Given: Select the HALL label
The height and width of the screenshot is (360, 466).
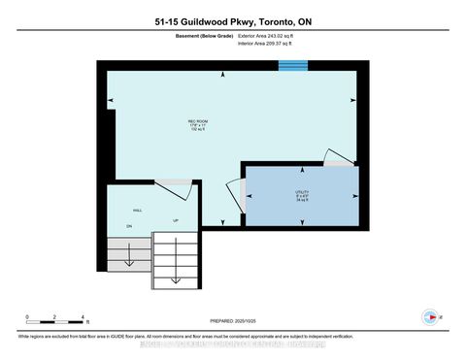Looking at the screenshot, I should point(124,208).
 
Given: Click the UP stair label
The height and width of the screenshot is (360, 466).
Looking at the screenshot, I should point(176,220).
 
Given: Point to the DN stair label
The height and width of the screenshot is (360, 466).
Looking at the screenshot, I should point(128,227).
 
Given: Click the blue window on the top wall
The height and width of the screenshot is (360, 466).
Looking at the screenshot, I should point(292,66).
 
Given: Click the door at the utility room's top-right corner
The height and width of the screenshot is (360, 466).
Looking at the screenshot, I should point(339,158).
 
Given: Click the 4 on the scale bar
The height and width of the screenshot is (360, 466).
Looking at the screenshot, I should point(83,317).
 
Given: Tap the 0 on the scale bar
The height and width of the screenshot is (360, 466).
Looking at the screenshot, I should point(27,317).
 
